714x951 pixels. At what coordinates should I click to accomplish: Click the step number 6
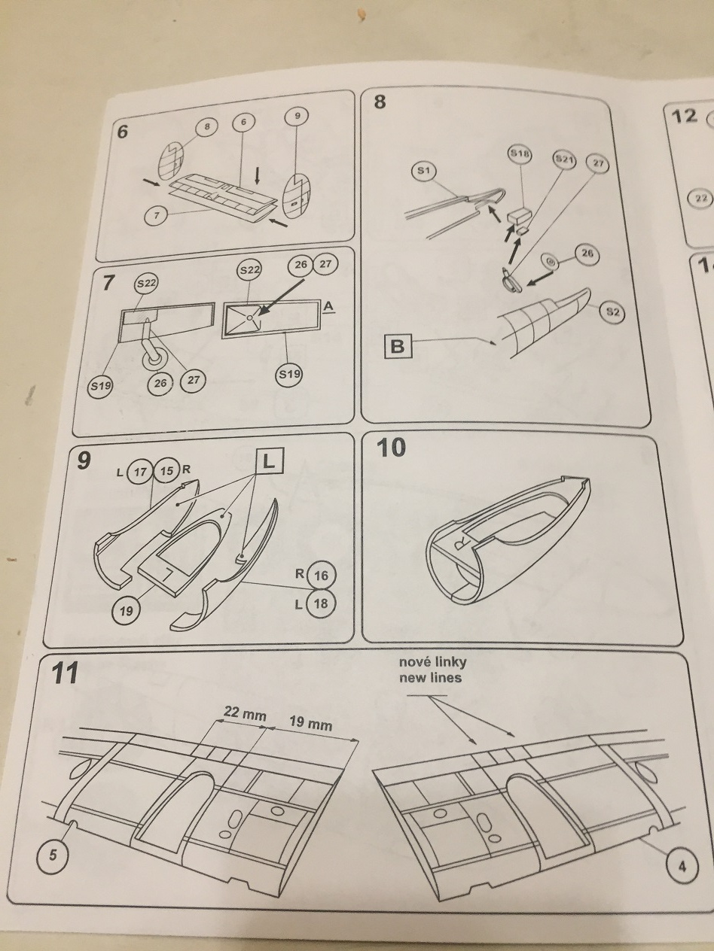[x=123, y=131]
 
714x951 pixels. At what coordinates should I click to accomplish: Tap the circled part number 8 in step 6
[x=207, y=127]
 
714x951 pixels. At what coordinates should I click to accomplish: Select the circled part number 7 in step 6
[x=157, y=215]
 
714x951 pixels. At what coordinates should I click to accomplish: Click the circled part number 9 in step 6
[x=297, y=117]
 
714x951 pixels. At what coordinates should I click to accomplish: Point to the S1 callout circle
[x=423, y=171]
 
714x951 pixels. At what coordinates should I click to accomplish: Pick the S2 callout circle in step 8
[x=612, y=311]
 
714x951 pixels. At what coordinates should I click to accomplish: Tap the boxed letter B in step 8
[x=398, y=346]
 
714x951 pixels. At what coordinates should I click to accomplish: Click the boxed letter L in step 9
[x=269, y=461]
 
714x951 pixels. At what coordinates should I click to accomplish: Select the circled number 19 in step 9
[x=126, y=611]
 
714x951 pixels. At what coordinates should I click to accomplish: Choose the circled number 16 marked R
[x=321, y=576]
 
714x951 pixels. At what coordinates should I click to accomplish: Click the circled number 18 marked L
[x=320, y=603]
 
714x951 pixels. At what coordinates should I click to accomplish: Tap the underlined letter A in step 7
[x=328, y=307]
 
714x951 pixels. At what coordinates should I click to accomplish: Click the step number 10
[x=392, y=447]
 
